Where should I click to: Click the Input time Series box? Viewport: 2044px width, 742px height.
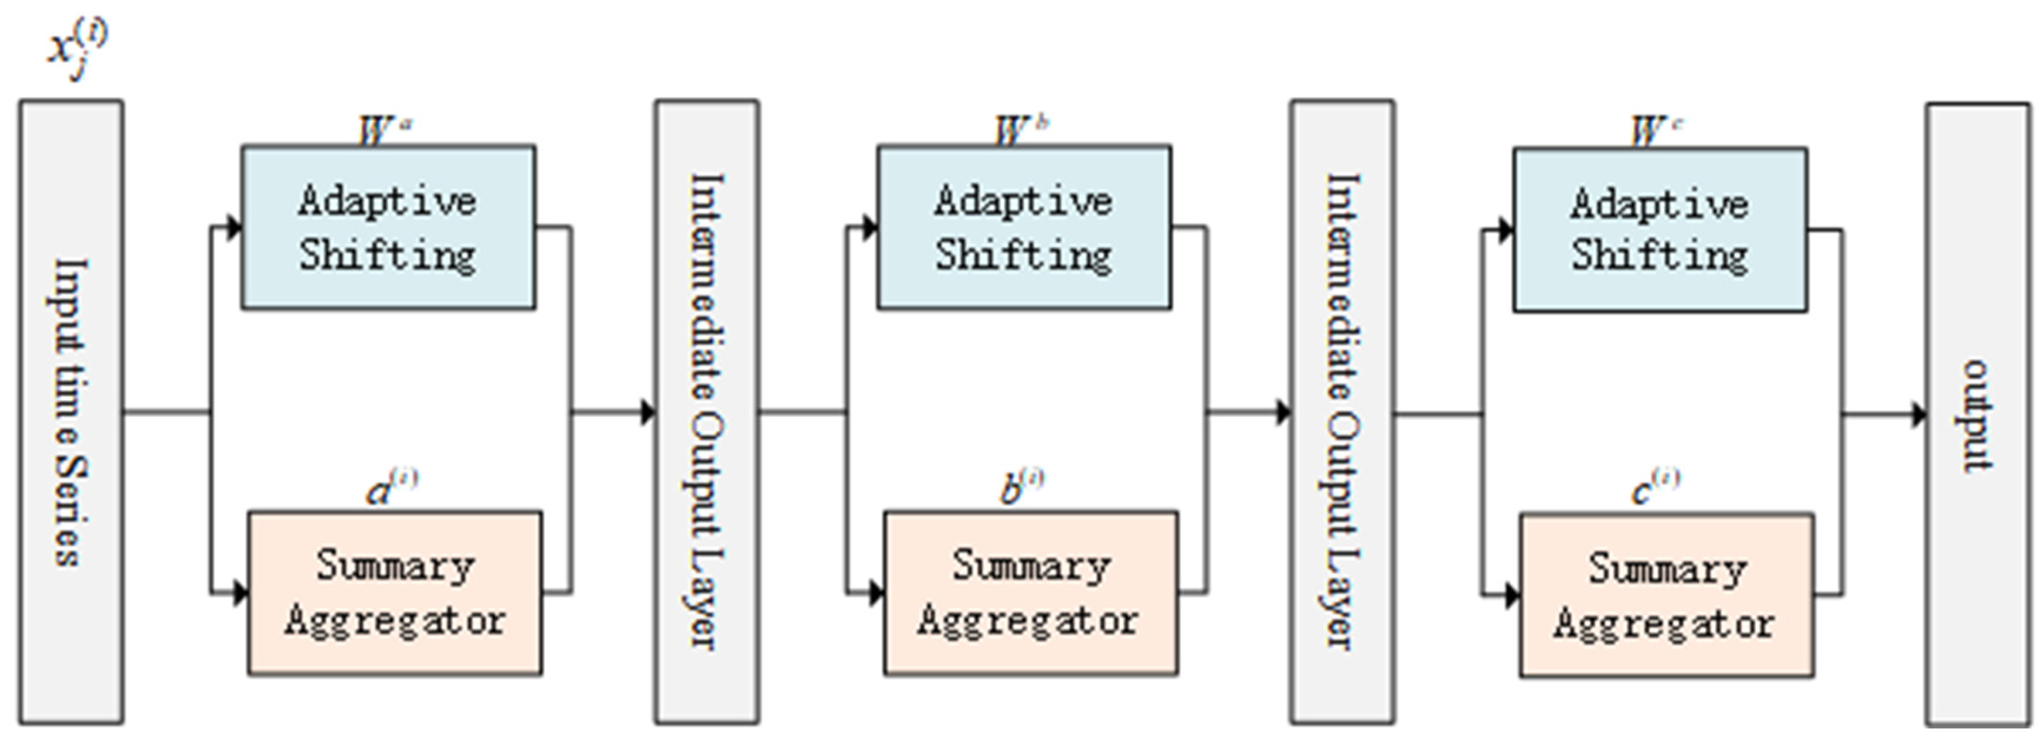71,411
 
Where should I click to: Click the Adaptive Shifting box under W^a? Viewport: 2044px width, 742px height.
388,228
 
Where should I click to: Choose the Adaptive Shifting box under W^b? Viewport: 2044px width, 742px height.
1024,228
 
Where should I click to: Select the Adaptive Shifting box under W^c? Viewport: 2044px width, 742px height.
1660,230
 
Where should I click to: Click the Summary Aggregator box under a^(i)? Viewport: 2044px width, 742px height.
394,594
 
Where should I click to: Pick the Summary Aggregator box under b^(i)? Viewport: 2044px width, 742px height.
1030,594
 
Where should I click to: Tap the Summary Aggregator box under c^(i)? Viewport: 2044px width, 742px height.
1666,595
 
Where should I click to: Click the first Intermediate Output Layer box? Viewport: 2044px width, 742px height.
706,411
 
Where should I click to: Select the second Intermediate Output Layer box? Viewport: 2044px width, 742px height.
1342,411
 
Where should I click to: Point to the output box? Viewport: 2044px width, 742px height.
1978,414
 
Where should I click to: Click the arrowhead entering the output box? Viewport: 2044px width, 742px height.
1919,414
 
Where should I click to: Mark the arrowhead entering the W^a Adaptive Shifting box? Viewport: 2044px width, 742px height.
233,228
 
